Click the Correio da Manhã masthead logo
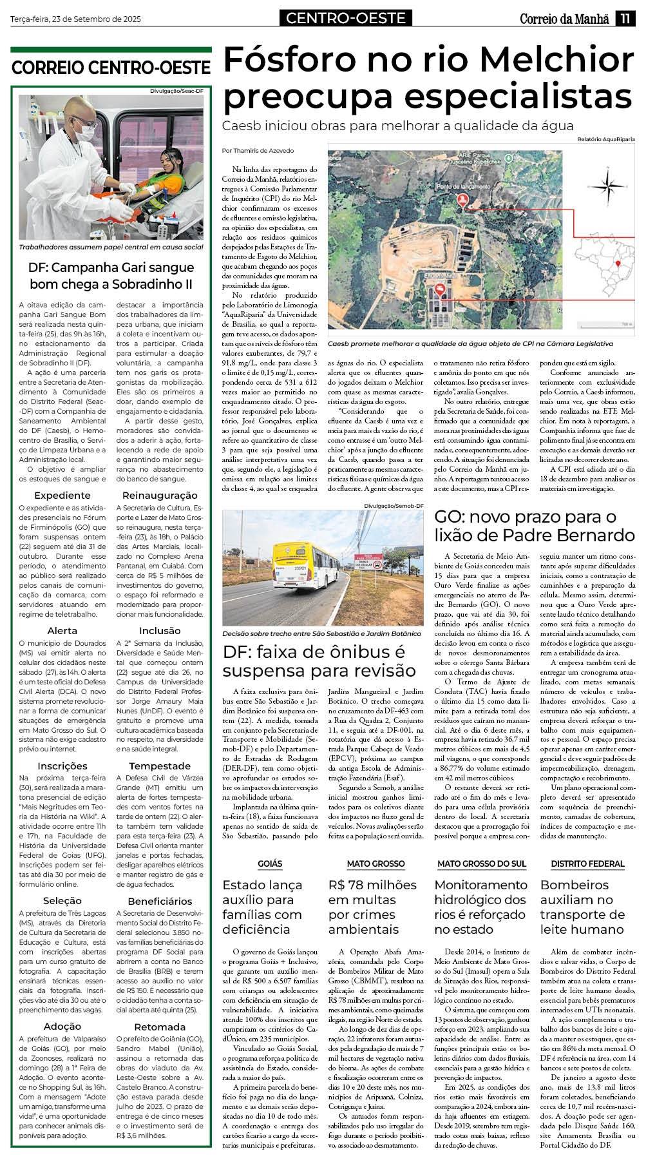tap(564, 19)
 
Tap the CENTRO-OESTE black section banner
tap(346, 19)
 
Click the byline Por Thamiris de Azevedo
tap(258, 151)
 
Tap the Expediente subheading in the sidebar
tap(62, 496)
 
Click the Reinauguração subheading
tap(160, 496)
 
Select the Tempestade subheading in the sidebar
tap(160, 766)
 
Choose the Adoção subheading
tap(62, 1027)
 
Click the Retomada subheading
tap(160, 1027)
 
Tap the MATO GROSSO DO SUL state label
tap(482, 864)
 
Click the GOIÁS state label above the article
tap(270, 864)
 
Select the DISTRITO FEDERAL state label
tap(587, 864)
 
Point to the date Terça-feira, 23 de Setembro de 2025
tap(75, 19)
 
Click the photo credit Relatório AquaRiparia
tap(605, 139)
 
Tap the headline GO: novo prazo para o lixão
tap(534, 526)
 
